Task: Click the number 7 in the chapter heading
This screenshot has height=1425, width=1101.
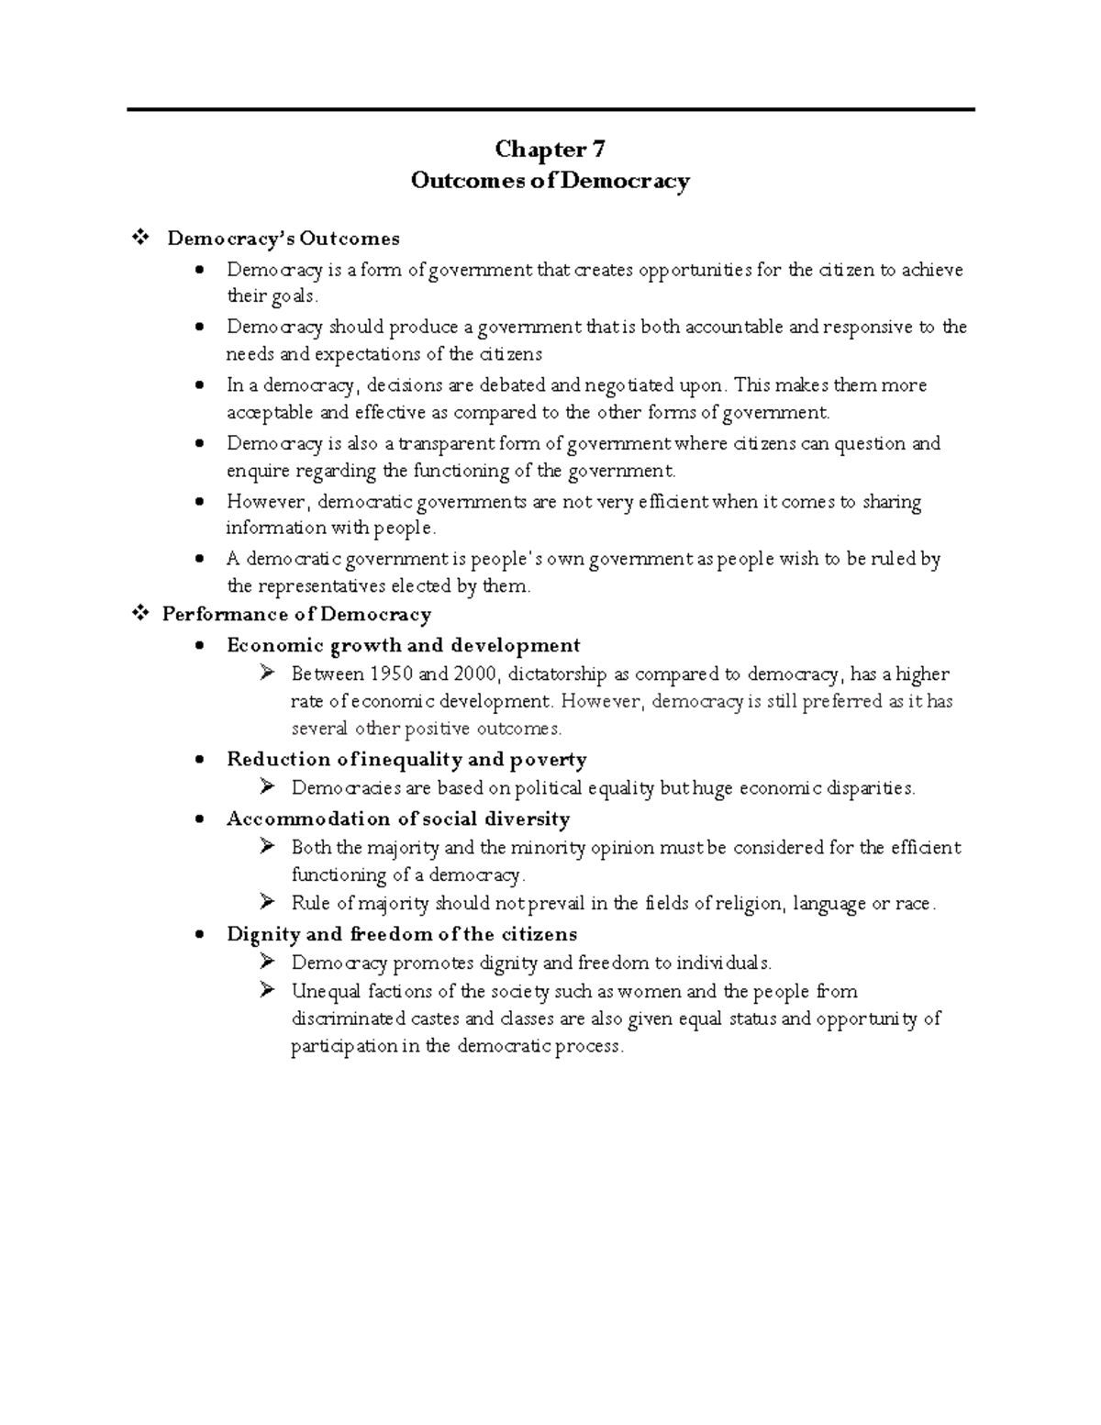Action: pos(597,149)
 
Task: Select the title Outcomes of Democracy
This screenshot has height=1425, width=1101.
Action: pos(550,181)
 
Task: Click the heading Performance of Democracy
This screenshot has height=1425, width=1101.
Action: pos(296,615)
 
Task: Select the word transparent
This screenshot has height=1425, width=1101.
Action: pos(446,444)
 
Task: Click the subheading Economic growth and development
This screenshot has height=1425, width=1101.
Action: pos(404,645)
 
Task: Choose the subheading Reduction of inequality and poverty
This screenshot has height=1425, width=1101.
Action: pos(406,760)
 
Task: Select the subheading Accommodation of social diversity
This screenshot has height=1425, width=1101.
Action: pos(398,818)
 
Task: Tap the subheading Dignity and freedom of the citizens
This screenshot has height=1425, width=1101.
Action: pos(402,934)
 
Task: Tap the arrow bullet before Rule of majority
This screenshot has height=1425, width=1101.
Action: pos(268,903)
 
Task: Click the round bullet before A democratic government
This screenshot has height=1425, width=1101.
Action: pos(200,559)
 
